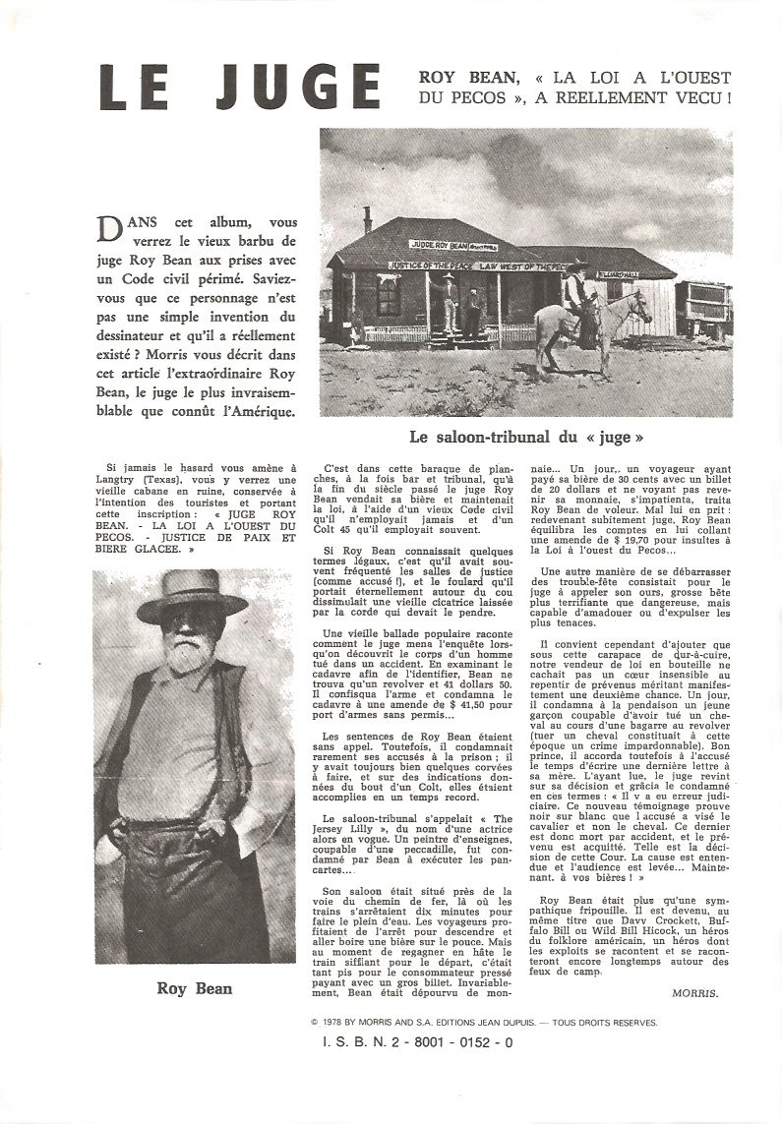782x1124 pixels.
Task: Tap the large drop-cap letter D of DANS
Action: [113, 229]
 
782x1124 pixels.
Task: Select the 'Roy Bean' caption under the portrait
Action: [194, 988]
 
